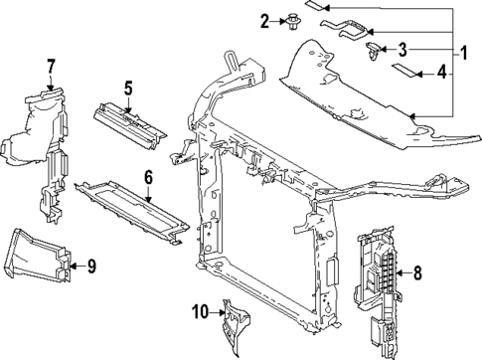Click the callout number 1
[x=464, y=53]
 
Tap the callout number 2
[x=264, y=22]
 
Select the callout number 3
[x=402, y=50]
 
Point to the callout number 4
[x=442, y=72]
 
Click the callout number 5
[x=128, y=89]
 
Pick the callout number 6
[x=148, y=177]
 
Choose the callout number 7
[x=51, y=67]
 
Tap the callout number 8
[x=417, y=272]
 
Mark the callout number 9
[x=91, y=266]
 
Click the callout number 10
[x=201, y=311]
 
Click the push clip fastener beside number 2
[x=292, y=22]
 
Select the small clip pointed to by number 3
[x=374, y=51]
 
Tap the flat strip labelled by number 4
[x=403, y=70]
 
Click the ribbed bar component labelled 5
[x=130, y=125]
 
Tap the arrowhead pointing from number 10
[x=223, y=312]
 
